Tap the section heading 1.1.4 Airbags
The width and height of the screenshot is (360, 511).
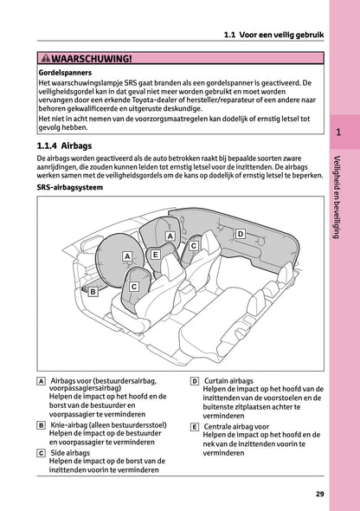point(72,147)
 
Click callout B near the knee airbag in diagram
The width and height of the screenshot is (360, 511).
point(93,292)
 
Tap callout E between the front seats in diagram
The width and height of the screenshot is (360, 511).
point(155,254)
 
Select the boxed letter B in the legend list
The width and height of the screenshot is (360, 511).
point(42,426)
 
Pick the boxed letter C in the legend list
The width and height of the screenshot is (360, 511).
point(42,453)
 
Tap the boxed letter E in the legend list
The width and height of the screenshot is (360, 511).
point(195,427)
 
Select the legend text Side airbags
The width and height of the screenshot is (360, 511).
point(71,453)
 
